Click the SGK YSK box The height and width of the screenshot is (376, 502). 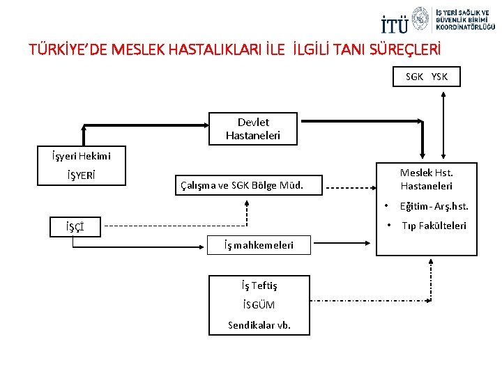click(x=427, y=77)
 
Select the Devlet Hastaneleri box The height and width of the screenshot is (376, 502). click(x=253, y=129)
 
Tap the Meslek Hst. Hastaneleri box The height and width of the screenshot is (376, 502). click(x=426, y=179)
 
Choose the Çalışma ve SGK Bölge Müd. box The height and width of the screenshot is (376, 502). click(x=242, y=185)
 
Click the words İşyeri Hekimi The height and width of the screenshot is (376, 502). click(x=81, y=155)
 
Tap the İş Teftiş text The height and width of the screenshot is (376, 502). click(x=259, y=285)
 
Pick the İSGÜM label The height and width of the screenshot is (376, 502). click(x=259, y=305)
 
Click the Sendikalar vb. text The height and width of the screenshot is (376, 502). click(x=259, y=325)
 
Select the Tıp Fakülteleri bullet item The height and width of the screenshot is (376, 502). click(x=434, y=226)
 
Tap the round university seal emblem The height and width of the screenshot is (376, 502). click(x=421, y=20)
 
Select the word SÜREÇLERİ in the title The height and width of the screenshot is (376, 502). click(x=404, y=50)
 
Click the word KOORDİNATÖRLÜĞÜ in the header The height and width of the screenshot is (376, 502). click(x=466, y=26)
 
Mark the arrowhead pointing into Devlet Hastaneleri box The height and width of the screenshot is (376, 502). click(x=207, y=126)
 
